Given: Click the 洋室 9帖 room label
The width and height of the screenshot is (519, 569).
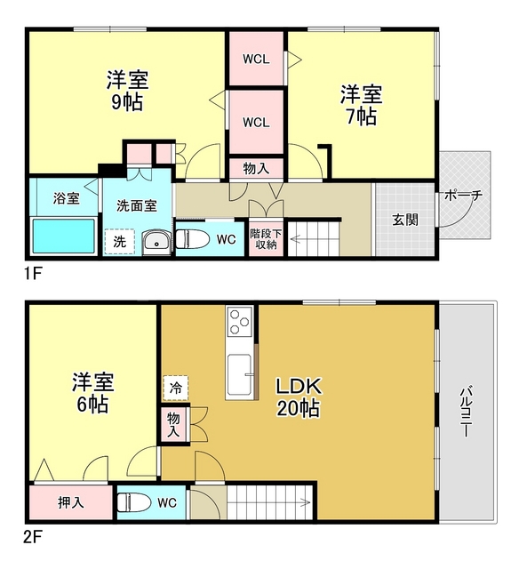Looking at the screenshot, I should (126, 89).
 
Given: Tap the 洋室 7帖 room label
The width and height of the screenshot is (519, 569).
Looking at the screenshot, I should (361, 104).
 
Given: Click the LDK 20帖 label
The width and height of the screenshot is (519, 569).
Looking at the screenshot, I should (297, 397).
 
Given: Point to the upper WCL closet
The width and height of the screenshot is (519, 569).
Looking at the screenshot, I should (256, 60).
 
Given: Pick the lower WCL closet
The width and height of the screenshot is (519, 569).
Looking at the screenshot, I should (256, 122).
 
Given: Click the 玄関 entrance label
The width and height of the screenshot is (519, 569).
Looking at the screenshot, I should (405, 220).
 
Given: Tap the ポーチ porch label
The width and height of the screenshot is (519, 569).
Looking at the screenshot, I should (463, 196).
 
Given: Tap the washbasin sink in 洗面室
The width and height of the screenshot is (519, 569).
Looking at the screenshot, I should (156, 241).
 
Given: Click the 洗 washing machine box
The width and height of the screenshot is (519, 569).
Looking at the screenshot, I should (119, 241).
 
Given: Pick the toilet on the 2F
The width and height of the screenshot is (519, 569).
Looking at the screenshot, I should (134, 502).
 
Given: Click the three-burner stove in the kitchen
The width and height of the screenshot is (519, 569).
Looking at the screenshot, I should (239, 324).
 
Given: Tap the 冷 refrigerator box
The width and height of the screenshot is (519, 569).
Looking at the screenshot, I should (175, 388).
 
